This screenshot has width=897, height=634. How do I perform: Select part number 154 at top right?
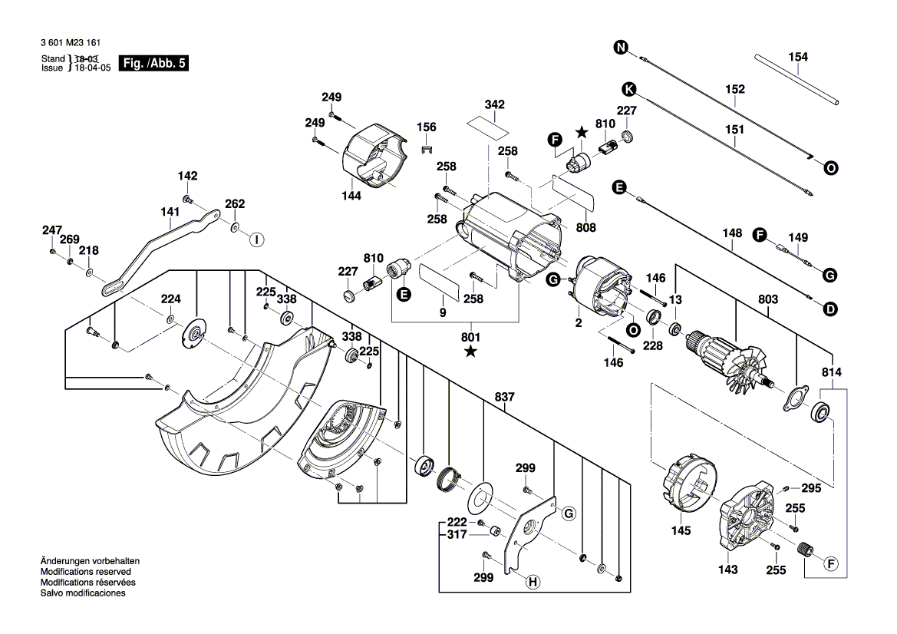tap(798, 57)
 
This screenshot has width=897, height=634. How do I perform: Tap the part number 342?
tap(495, 104)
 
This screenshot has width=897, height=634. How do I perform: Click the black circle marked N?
tap(621, 48)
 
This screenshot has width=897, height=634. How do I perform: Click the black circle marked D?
tap(829, 309)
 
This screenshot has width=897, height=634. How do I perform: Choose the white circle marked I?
tap(256, 239)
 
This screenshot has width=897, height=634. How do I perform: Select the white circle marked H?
tap(531, 583)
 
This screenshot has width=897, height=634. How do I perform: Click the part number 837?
tap(504, 397)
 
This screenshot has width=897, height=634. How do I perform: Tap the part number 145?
tap(681, 530)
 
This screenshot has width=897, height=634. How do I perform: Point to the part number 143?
tap(728, 570)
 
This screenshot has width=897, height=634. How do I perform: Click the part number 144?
tap(351, 196)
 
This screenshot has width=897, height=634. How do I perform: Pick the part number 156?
tap(426, 127)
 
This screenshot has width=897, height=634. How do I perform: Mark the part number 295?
tap(811, 488)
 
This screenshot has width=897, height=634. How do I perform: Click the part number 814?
tap(832, 372)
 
